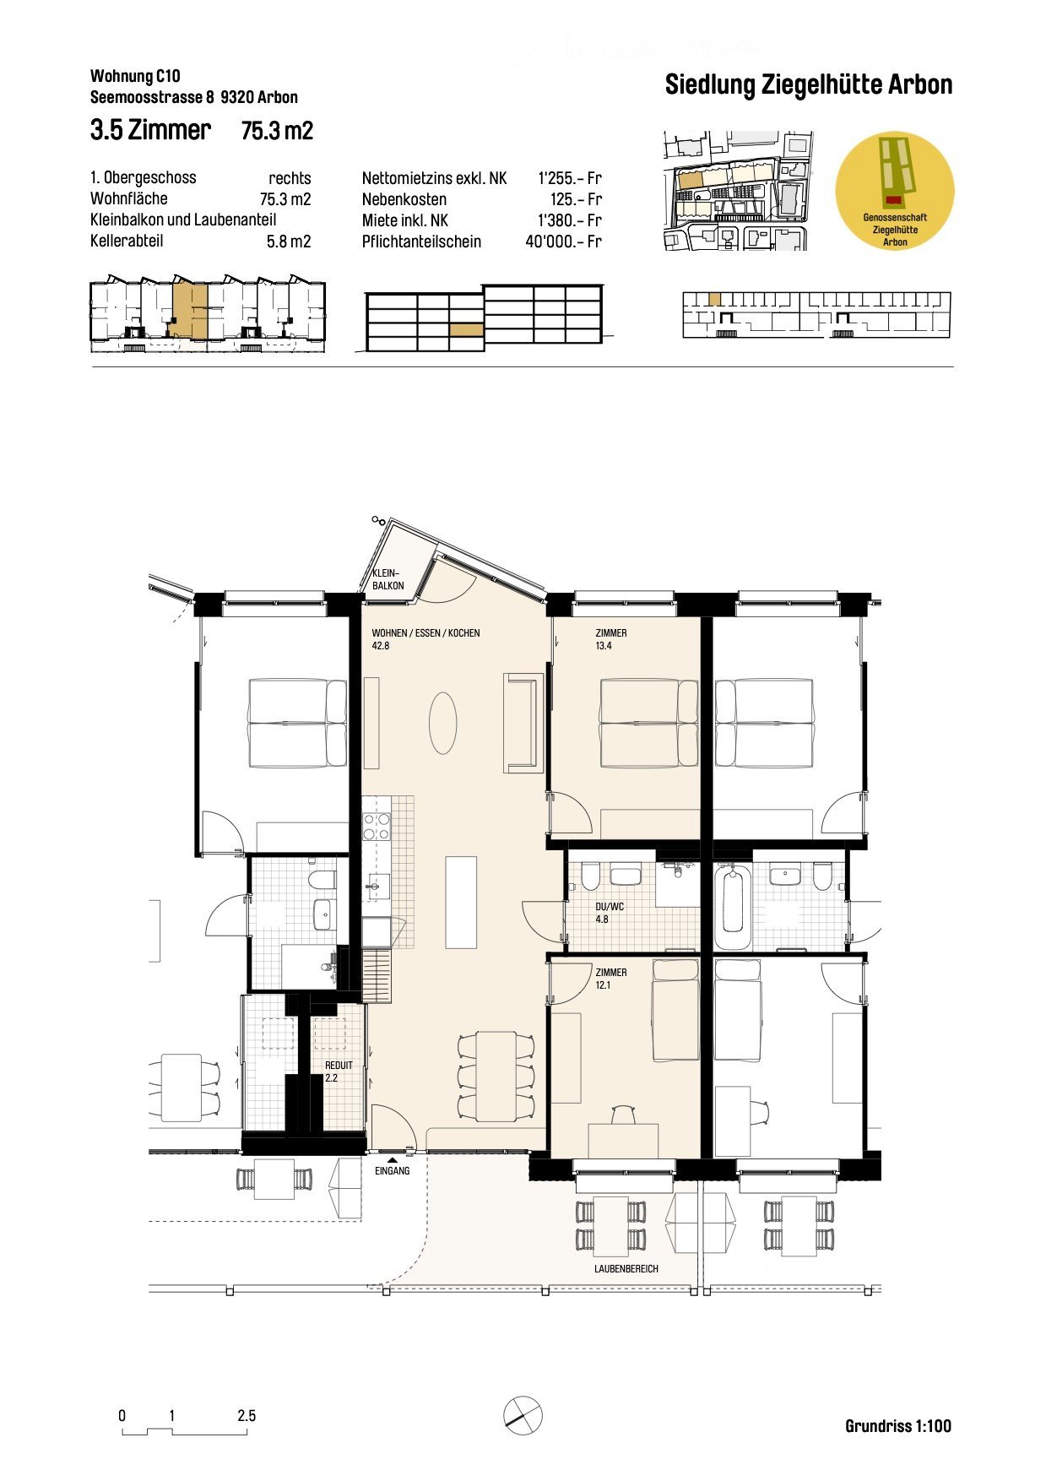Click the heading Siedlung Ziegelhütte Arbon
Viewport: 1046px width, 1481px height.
(x=808, y=85)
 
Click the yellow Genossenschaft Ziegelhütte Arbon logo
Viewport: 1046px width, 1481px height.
(x=894, y=190)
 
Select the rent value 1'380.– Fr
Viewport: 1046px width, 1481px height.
(x=570, y=220)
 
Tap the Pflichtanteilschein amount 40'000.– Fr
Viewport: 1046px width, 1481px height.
(x=563, y=241)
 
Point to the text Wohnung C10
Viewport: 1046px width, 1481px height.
(x=135, y=77)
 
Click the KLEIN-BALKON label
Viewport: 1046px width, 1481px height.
(x=388, y=579)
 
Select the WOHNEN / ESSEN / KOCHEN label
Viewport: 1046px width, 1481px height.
(x=425, y=633)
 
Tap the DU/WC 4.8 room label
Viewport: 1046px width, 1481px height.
(x=609, y=913)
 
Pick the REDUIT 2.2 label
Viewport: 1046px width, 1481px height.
(x=338, y=1071)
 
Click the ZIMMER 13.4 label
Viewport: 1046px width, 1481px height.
(x=610, y=639)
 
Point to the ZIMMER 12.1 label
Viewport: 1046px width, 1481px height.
(x=610, y=979)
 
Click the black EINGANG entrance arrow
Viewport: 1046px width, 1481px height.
(x=392, y=1161)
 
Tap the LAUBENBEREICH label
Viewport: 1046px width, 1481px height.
(x=626, y=1269)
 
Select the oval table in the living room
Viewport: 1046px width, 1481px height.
(x=442, y=723)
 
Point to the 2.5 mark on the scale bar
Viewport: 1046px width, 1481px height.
(x=247, y=1416)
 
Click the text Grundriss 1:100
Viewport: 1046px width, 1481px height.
(x=897, y=1426)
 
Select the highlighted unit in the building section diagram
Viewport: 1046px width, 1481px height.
(x=466, y=330)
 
